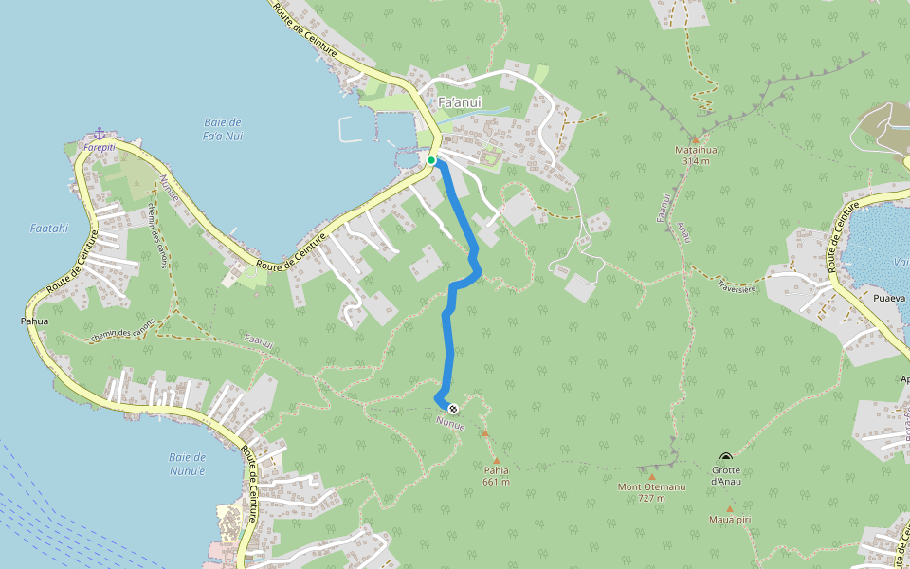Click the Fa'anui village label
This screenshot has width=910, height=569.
460,102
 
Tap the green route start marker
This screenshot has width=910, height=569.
431,160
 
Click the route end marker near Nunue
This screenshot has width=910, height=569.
453,409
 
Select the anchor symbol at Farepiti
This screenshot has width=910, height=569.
99,134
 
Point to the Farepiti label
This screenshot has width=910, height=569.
99,147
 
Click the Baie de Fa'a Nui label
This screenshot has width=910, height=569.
223,129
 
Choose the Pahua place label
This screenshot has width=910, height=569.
34,321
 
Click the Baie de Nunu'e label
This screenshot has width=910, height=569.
187,464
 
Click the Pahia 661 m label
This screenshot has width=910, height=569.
497,475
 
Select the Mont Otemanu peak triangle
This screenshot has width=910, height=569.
652,477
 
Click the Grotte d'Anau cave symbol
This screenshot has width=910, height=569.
726,457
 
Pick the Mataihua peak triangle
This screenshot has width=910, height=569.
694,139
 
